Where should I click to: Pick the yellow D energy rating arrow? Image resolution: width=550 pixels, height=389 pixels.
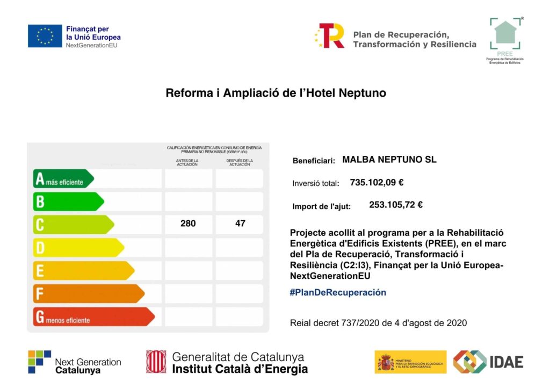[78, 248]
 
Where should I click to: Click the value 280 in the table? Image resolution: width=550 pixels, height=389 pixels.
[188, 224]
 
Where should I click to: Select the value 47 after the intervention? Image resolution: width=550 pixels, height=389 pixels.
[240, 224]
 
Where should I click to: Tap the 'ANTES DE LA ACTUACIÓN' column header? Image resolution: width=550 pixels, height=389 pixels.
[187, 162]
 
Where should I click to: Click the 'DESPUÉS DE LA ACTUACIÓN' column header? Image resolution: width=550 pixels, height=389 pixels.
[240, 162]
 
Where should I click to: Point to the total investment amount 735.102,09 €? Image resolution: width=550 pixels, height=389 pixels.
[377, 183]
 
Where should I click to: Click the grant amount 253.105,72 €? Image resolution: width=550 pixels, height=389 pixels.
[396, 205]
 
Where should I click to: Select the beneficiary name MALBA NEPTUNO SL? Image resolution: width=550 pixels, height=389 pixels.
[389, 160]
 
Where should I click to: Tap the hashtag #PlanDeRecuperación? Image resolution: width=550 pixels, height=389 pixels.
[338, 293]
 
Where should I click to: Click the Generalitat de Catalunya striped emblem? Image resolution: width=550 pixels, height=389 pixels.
[156, 362]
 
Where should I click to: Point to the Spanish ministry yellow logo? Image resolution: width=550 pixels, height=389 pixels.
[410, 362]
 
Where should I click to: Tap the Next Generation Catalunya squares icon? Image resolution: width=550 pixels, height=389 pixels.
[40, 362]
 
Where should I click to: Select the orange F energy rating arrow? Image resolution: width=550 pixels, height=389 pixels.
[89, 294]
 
